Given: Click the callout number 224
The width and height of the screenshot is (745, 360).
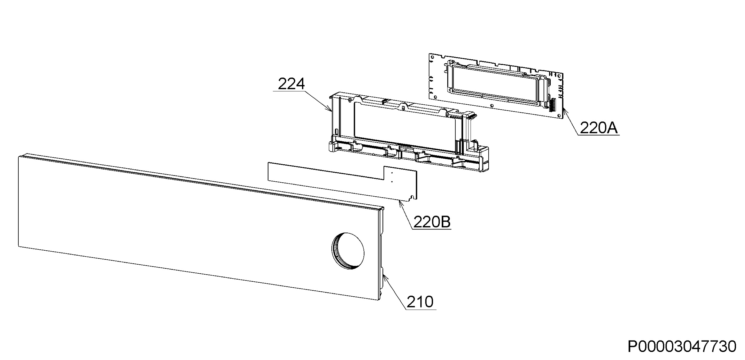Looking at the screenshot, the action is pyautogui.click(x=291, y=84).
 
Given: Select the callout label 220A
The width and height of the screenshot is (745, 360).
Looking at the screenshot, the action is pyautogui.click(x=599, y=128).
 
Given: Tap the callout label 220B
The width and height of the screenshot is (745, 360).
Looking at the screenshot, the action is pyautogui.click(x=432, y=222).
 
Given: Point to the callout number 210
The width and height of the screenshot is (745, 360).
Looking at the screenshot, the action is pyautogui.click(x=420, y=302).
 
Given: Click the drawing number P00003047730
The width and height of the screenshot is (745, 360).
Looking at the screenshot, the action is pyautogui.click(x=682, y=346).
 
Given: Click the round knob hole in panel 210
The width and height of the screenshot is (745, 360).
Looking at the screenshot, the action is pyautogui.click(x=348, y=251).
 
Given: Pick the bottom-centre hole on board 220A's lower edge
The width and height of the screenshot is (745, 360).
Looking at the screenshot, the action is pyautogui.click(x=492, y=106).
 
